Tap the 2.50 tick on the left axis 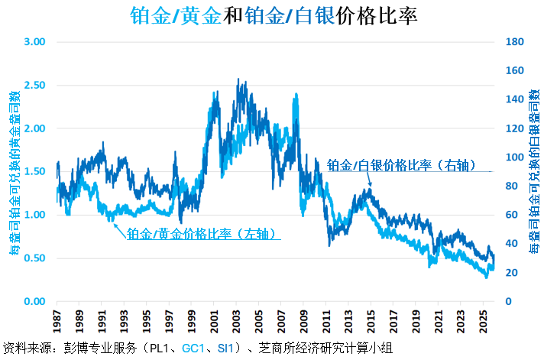click(36, 85)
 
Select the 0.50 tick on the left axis click(36, 258)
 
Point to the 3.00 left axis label click(36, 41)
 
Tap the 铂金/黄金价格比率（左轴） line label click(202, 233)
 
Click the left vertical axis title click(13, 170)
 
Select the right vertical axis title click(533, 170)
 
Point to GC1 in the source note click(195, 349)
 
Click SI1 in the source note click(227, 349)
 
